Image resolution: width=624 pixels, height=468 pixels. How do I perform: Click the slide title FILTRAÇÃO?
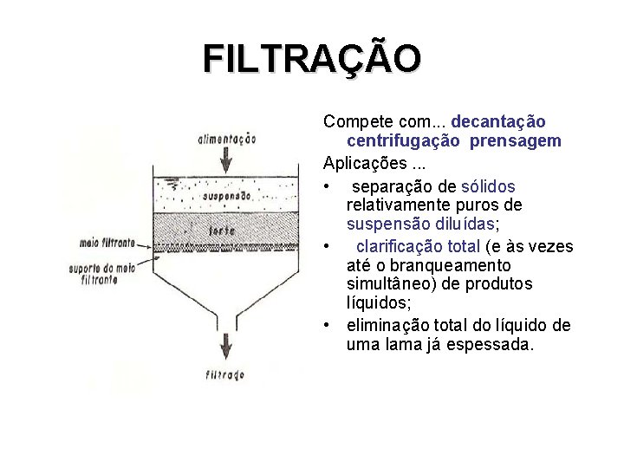point(312,59)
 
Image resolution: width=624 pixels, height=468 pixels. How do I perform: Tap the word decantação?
point(498,121)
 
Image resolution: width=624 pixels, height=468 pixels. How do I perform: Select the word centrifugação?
point(404,140)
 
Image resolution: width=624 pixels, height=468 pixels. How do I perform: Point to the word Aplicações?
point(360,162)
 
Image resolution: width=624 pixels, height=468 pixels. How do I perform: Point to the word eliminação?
point(387,325)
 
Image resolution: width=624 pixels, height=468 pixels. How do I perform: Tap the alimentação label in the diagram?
point(227,138)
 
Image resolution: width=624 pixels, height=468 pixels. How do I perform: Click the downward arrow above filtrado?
point(226,345)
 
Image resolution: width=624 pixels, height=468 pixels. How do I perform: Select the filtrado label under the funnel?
point(225,375)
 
